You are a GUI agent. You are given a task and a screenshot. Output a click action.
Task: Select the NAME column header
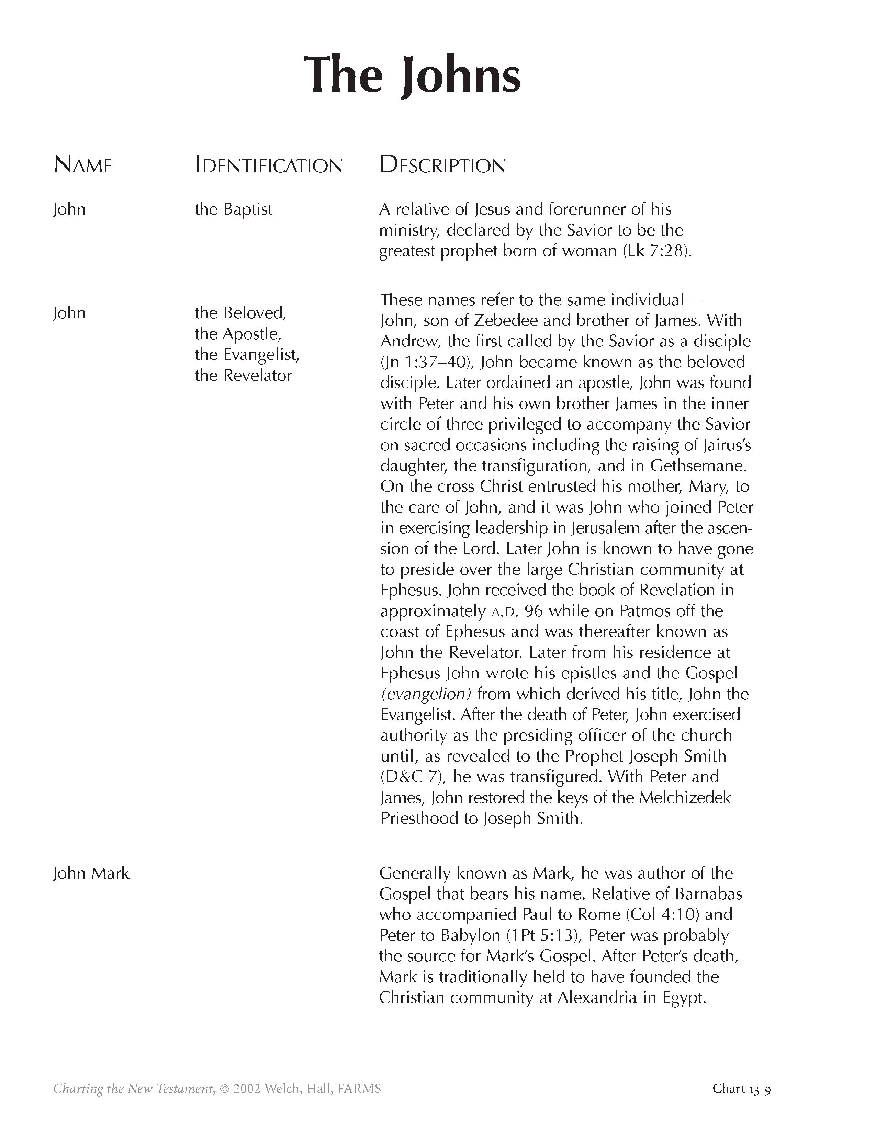click(83, 165)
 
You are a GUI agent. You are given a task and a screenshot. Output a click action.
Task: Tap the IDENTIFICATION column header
click(269, 165)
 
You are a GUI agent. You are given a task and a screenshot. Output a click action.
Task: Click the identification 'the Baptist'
click(234, 209)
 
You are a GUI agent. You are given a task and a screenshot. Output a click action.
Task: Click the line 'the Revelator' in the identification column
click(244, 375)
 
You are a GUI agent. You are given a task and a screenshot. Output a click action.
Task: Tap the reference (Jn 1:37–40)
click(426, 362)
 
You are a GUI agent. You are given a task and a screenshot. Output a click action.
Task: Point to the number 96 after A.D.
click(534, 611)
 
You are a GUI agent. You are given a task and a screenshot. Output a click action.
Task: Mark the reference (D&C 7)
click(413, 777)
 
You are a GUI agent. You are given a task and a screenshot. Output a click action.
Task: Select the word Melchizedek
click(685, 798)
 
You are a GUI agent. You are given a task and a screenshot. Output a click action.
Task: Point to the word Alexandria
click(597, 998)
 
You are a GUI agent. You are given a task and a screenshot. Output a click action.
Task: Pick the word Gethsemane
click(698, 466)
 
